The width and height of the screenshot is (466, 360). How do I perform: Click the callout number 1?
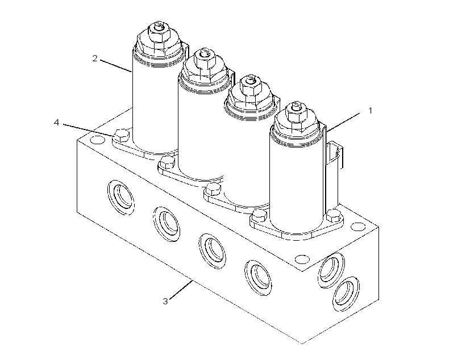coord(371,111)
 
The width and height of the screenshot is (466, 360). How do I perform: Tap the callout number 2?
coord(95,58)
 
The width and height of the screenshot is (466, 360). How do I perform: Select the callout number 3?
coord(165,301)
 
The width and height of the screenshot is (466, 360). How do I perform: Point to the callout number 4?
coord(56,123)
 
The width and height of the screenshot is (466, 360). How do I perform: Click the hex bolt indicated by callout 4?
coord(122,136)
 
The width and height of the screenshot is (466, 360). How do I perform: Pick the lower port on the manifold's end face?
coord(346,294)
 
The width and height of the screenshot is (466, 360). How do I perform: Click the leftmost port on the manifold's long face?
coord(120,197)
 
